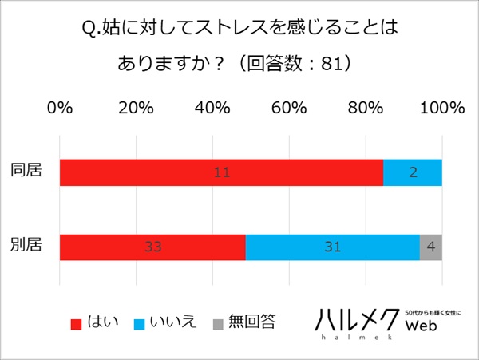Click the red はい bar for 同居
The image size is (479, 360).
(221, 172)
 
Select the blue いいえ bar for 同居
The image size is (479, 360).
(412, 172)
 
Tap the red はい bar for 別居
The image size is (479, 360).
(152, 247)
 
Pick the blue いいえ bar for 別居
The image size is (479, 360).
(332, 247)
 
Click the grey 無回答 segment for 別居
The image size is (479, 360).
(431, 247)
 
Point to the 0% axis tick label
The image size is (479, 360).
(61, 108)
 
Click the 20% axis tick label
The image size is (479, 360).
(137, 108)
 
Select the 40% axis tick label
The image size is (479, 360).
(213, 108)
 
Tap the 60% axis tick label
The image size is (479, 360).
(290, 108)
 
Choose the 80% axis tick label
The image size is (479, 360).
(366, 108)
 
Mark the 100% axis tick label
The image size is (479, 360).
(441, 108)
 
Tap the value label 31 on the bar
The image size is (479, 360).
(332, 247)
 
